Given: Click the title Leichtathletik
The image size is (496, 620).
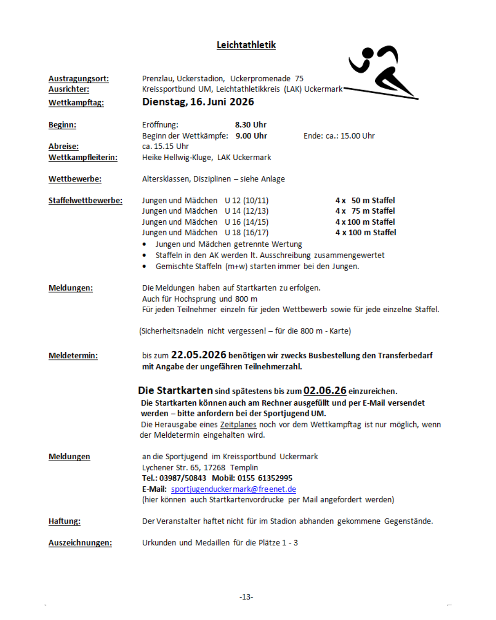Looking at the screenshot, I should click(x=246, y=45).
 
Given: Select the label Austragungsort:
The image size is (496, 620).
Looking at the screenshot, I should click(x=79, y=79).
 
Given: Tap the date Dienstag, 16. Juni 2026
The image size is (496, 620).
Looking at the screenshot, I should click(x=198, y=102).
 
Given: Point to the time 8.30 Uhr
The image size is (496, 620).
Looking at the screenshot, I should click(x=251, y=125).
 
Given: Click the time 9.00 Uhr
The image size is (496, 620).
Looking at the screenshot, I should click(x=251, y=136).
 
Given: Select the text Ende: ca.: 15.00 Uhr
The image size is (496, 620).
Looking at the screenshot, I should click(x=339, y=136).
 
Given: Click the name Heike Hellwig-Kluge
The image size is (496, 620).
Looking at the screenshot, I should click(x=177, y=158).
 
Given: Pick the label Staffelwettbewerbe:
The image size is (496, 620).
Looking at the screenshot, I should click(x=85, y=201).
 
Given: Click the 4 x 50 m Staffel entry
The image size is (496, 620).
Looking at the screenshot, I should click(x=365, y=201).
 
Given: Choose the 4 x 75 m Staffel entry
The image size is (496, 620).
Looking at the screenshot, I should click(x=365, y=211).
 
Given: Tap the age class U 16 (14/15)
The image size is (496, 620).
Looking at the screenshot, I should click(x=247, y=222).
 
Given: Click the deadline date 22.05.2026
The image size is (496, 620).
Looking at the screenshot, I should click(x=198, y=355).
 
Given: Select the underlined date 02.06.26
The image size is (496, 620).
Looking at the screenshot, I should click(x=325, y=391).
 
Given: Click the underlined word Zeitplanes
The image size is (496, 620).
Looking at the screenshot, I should click(x=238, y=425).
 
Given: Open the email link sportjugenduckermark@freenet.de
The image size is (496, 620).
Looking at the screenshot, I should click(x=233, y=489).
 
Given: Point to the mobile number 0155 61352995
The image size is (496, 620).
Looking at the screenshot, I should click(x=265, y=478).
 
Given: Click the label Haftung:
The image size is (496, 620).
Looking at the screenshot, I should click(x=64, y=521).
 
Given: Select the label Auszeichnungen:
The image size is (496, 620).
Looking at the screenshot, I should click(x=80, y=543).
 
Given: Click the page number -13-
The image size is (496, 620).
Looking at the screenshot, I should click(x=246, y=597).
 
